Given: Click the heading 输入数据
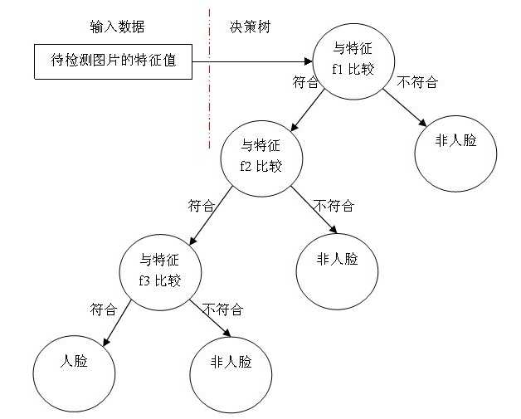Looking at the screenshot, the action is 117,27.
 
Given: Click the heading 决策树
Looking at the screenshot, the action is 250,27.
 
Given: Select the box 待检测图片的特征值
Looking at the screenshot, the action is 114,61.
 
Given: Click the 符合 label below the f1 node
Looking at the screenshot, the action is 305,82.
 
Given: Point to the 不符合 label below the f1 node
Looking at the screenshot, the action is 417,82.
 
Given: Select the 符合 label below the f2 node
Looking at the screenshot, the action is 202,206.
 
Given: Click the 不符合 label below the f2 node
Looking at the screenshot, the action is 334,206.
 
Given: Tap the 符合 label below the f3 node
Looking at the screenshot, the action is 104,309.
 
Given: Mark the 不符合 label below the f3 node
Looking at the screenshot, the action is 223,309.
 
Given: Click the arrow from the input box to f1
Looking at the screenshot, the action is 252,61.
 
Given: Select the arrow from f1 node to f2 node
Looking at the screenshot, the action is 307,110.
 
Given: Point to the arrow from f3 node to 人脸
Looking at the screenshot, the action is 117,323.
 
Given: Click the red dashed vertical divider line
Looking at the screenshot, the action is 210,79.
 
